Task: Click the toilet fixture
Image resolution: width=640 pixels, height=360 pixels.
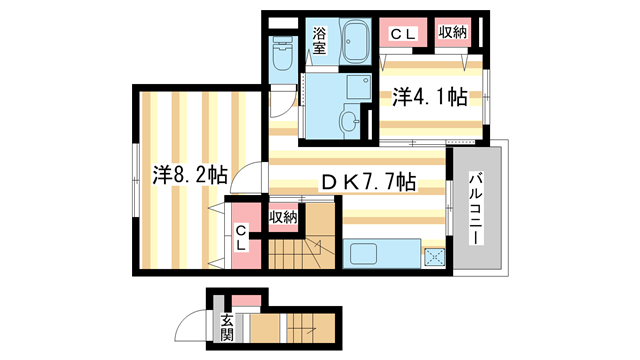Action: (x=281, y=51)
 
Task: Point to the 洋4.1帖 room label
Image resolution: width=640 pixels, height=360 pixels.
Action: (x=430, y=97)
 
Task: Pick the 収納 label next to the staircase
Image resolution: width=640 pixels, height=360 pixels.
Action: (x=282, y=216)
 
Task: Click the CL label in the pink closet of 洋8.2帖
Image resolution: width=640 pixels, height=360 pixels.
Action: (x=241, y=239)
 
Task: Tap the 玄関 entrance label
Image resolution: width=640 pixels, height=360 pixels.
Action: (x=227, y=328)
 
